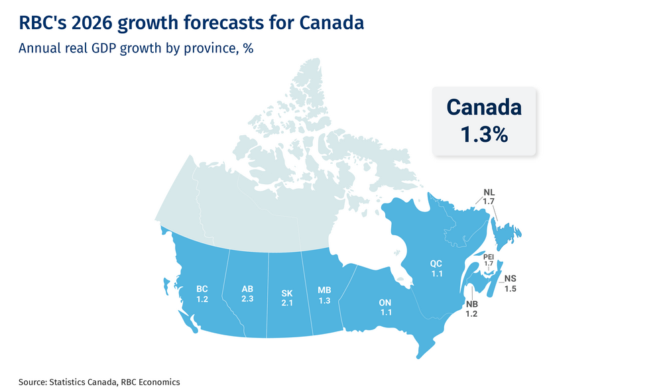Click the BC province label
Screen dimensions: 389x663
pyautogui.click(x=202, y=289)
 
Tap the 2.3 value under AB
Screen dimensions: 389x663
pyautogui.click(x=247, y=299)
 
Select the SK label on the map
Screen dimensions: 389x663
pyautogui.click(x=286, y=293)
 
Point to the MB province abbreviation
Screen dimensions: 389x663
pyautogui.click(x=324, y=290)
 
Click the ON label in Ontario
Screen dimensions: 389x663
pyautogui.click(x=385, y=302)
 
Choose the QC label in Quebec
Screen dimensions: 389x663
pyautogui.click(x=436, y=263)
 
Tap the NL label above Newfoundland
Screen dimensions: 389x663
pyautogui.click(x=489, y=192)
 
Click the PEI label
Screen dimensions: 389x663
pyautogui.click(x=489, y=256)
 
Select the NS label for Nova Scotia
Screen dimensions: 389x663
pyautogui.click(x=510, y=278)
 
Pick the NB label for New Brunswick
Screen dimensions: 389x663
pyautogui.click(x=471, y=304)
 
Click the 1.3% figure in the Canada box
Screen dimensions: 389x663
pyautogui.click(x=484, y=134)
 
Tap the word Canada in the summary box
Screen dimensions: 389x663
pyautogui.click(x=484, y=107)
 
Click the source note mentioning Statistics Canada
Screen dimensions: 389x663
pyautogui.click(x=99, y=382)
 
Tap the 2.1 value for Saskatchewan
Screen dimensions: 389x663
pyautogui.click(x=286, y=303)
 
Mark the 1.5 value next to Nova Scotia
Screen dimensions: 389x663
pyautogui.click(x=510, y=288)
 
